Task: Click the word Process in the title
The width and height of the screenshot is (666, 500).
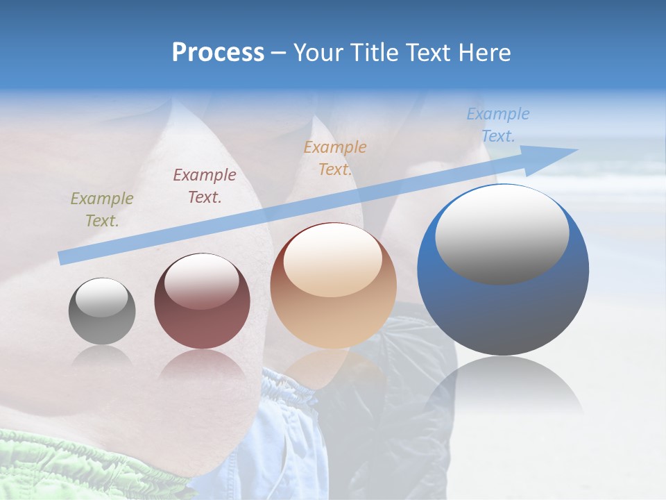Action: (218, 53)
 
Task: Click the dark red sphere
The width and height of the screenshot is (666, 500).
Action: (202, 301)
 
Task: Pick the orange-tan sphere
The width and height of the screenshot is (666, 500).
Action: (333, 286)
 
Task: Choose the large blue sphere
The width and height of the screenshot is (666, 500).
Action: (503, 271)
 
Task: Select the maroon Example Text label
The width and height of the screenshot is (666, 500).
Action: (205, 186)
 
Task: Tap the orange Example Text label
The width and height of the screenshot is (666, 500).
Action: (335, 158)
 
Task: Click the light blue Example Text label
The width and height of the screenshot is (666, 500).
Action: (498, 125)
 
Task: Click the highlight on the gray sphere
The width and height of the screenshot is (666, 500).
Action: (101, 297)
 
